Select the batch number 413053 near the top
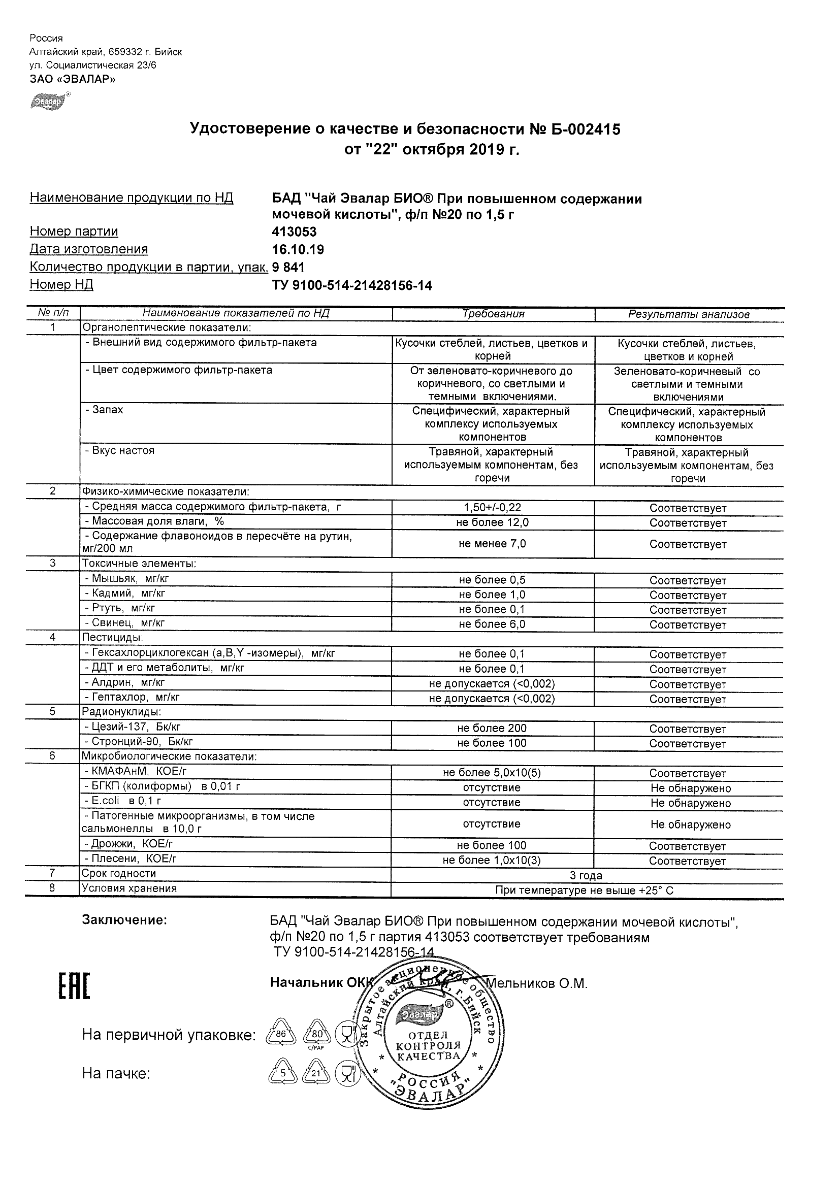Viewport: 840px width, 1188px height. coord(294,232)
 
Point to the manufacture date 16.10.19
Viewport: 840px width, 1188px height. coord(298,250)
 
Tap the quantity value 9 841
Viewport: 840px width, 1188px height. coord(288,268)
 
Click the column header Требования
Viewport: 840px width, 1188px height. coord(493,314)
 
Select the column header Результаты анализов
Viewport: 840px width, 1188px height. coord(688,315)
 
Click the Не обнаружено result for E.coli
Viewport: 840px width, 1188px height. coord(690,804)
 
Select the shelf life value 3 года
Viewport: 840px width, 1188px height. coord(586,876)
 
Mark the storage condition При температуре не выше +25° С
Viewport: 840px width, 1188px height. coord(585,891)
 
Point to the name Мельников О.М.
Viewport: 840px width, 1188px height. coord(537,983)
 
